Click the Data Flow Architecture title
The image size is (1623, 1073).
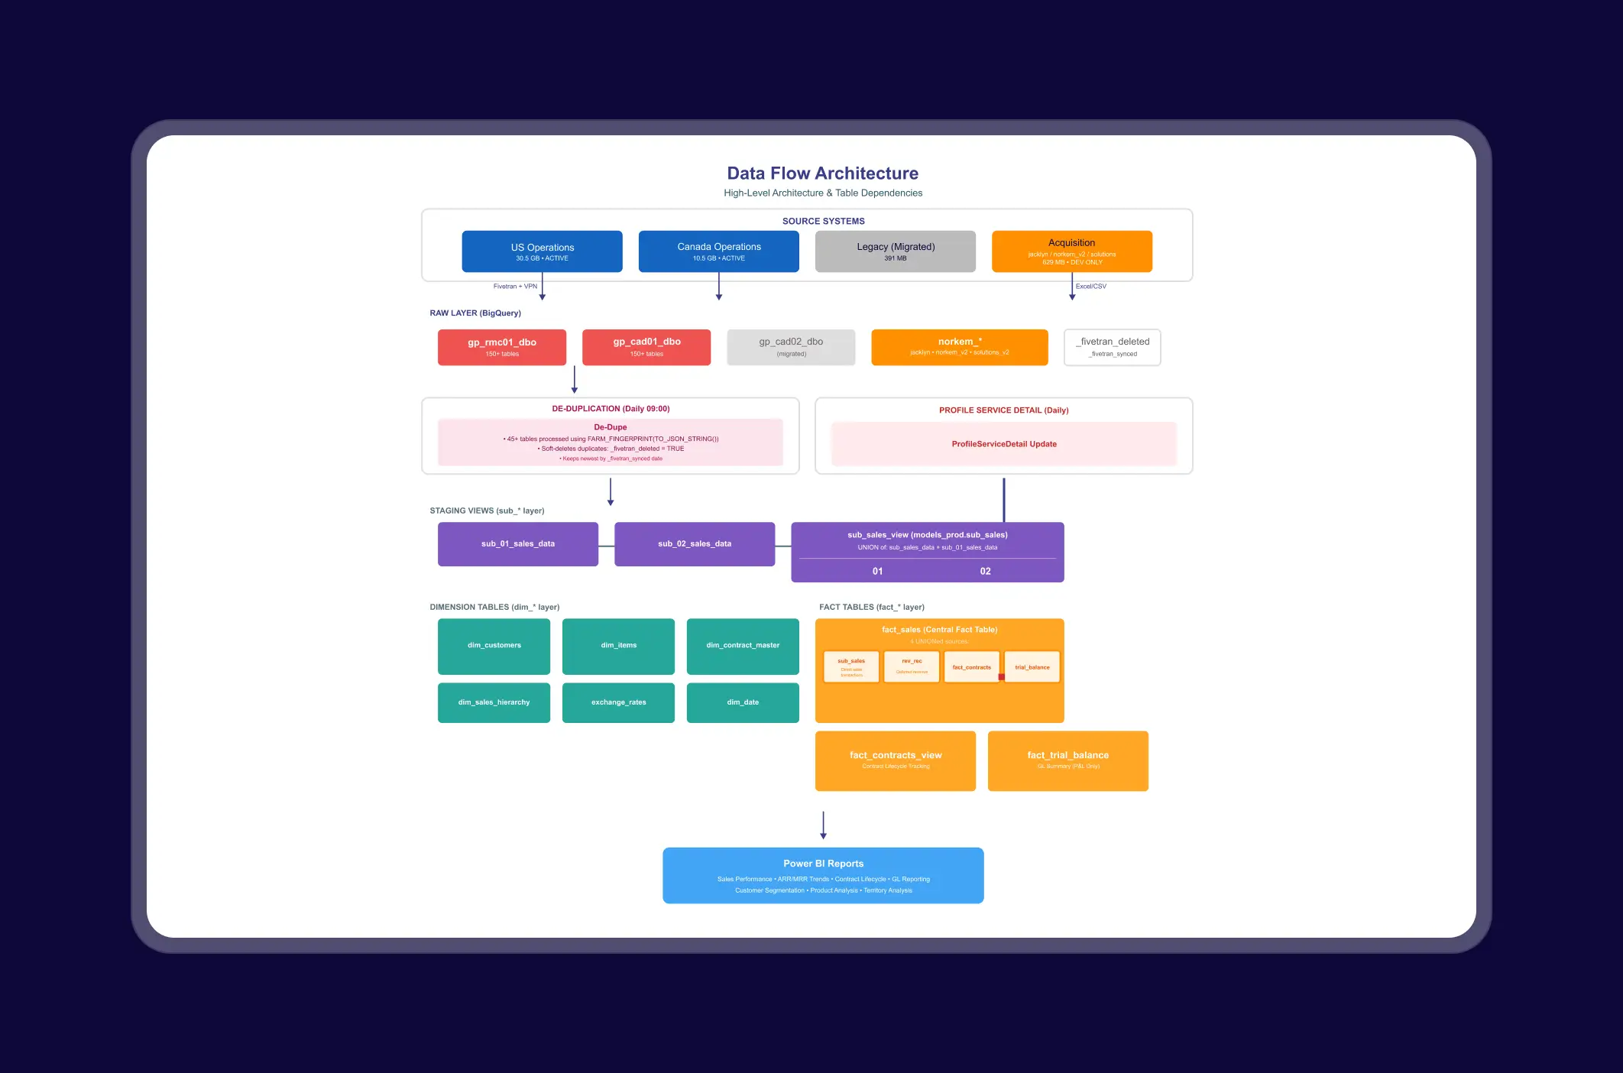pos(822,173)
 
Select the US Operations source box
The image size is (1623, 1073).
pos(542,251)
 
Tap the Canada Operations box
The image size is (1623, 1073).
pos(718,251)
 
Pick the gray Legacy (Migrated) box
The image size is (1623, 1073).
pos(895,251)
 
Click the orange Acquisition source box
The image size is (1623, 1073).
pos(1071,251)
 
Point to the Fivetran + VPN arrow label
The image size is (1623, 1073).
pos(515,287)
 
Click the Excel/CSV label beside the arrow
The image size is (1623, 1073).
pos(1090,287)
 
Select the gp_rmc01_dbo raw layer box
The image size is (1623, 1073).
pos(501,347)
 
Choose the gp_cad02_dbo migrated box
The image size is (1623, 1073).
pos(791,347)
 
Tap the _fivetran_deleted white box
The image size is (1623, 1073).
pos(1112,347)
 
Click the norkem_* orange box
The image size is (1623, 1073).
pos(959,347)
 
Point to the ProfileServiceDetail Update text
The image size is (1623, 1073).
pos(1003,444)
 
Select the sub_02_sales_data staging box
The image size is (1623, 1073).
pos(694,544)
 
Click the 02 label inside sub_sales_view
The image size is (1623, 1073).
pos(985,571)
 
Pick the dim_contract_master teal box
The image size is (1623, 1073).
pos(742,646)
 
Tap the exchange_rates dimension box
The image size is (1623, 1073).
pos(618,702)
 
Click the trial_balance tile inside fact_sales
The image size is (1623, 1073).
pos(1032,667)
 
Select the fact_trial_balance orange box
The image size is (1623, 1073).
pos(1067,760)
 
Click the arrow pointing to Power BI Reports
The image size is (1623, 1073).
pos(823,825)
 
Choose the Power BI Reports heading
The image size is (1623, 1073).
pos(823,864)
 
